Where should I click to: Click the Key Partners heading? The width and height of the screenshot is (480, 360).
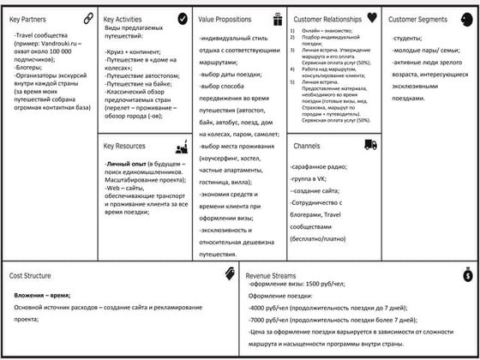click(29, 19)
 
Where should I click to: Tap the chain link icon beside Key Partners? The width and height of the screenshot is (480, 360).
click(88, 18)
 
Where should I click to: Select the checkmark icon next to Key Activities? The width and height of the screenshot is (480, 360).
click(183, 18)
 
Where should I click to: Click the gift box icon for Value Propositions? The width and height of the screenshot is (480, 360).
click(277, 18)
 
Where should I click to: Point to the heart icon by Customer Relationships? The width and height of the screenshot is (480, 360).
click(371, 17)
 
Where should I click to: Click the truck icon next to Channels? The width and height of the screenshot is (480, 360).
click(370, 145)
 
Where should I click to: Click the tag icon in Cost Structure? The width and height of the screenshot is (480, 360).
click(230, 273)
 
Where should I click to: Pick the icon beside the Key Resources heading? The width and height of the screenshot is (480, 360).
click(182, 147)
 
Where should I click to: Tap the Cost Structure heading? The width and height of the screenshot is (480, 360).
click(35, 276)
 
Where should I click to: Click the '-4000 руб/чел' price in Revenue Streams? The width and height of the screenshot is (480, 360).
click(267, 307)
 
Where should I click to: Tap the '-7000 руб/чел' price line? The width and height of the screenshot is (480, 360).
click(267, 318)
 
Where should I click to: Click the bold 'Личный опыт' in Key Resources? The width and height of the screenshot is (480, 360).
click(123, 163)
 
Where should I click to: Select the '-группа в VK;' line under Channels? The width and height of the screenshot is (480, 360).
click(311, 177)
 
